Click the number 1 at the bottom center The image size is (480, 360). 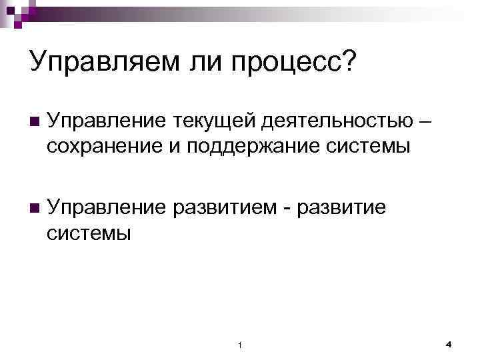click(240, 345)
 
